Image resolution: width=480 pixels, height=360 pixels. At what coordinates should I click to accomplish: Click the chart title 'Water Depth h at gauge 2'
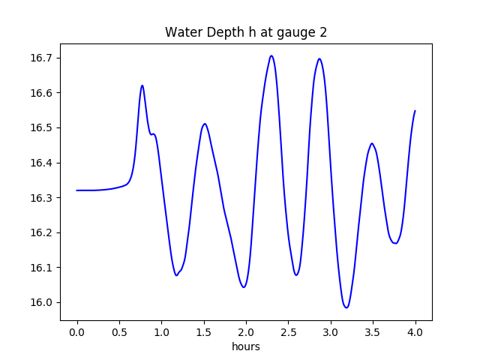(246, 32)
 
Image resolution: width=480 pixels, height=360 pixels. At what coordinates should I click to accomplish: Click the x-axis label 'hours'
(246, 346)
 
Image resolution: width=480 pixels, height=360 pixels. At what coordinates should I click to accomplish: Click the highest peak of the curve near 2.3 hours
(271, 55)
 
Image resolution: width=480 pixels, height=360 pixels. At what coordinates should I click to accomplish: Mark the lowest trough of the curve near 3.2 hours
(346, 307)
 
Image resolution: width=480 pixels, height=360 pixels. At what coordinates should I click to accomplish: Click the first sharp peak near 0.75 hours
(142, 85)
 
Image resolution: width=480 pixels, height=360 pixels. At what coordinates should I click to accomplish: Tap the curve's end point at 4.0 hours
(415, 111)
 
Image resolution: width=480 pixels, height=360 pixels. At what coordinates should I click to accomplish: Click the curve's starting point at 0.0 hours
(77, 190)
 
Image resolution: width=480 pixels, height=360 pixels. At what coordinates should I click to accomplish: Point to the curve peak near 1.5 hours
(204, 124)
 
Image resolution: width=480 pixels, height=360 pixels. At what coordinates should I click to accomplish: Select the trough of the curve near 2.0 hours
(244, 287)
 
